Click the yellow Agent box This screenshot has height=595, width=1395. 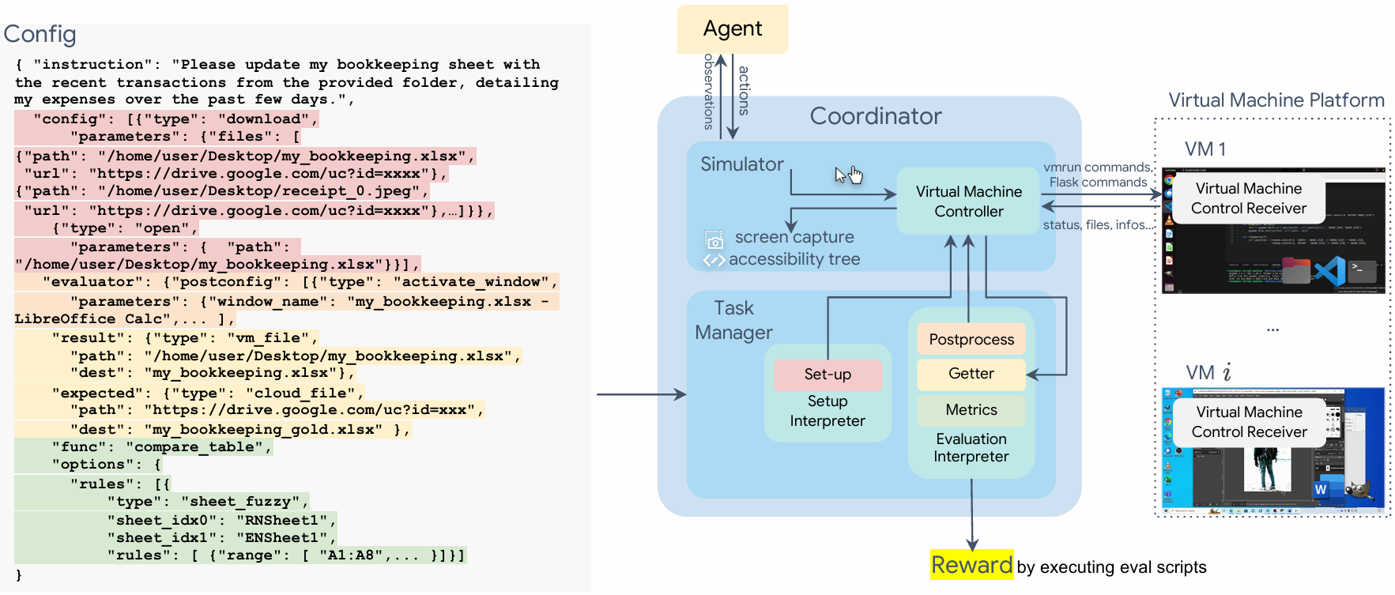tap(732, 29)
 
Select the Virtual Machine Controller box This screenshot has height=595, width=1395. tap(968, 201)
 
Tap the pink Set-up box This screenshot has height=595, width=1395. tap(828, 375)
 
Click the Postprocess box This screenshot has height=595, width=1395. tap(971, 339)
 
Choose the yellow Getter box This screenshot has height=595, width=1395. tap(971, 374)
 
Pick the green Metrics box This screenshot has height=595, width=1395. tap(971, 409)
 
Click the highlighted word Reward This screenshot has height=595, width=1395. tap(971, 565)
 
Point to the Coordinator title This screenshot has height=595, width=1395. tap(875, 116)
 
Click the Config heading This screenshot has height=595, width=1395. tap(40, 34)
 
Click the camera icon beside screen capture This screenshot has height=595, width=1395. tap(714, 240)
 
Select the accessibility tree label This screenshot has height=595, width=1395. tap(794, 259)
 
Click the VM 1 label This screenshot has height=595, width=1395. tap(1205, 149)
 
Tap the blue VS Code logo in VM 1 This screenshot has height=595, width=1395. tap(1330, 271)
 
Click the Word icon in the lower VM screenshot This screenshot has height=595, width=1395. tap(1321, 489)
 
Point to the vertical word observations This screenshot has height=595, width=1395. tap(708, 91)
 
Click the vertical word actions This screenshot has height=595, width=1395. tap(744, 91)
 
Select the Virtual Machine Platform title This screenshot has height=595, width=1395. tap(1276, 100)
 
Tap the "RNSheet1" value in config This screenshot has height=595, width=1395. tap(282, 520)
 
